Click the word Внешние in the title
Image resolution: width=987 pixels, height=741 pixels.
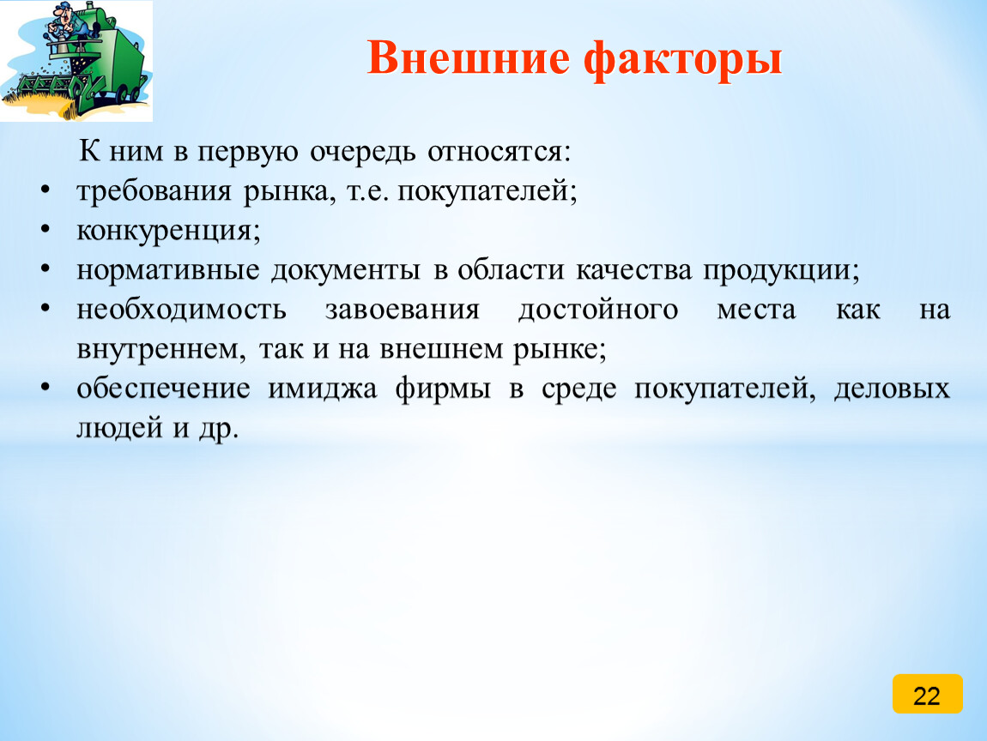[468, 57]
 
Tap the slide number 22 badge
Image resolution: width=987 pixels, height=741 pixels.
[927, 694]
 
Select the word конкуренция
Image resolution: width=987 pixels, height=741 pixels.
[168, 231]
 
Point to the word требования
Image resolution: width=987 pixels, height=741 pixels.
[154, 191]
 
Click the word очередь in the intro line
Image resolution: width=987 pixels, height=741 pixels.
[362, 152]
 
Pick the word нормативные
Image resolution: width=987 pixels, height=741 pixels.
[168, 270]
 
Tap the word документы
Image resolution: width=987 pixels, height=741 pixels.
[346, 270]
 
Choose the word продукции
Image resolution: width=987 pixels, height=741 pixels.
[780, 270]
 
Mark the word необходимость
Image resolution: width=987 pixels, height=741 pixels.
[181, 310]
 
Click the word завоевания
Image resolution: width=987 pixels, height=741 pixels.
[403, 310]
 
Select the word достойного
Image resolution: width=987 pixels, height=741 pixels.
[598, 310]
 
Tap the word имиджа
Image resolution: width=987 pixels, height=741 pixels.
[323, 389]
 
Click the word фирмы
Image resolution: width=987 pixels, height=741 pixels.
[443, 389]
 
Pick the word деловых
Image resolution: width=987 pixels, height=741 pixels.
[892, 389]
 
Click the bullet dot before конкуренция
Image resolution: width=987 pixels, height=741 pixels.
[45, 230]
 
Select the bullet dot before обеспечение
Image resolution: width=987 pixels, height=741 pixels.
[45, 388]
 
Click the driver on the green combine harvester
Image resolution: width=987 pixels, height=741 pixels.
[67, 25]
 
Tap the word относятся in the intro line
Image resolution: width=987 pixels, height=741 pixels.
[500, 152]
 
